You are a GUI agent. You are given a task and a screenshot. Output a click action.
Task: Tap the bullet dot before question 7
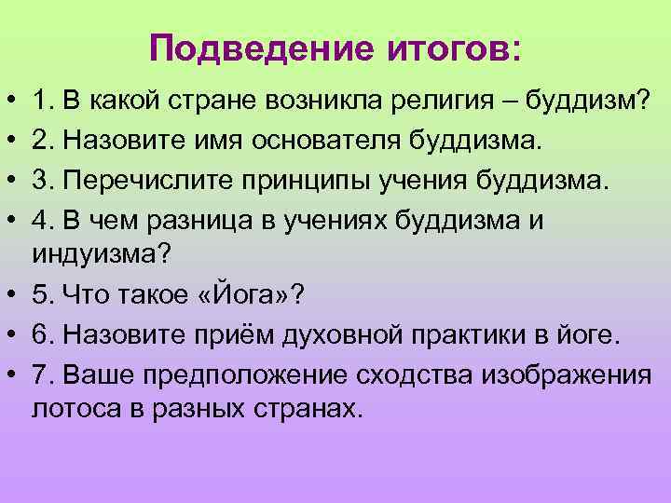[7, 375]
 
